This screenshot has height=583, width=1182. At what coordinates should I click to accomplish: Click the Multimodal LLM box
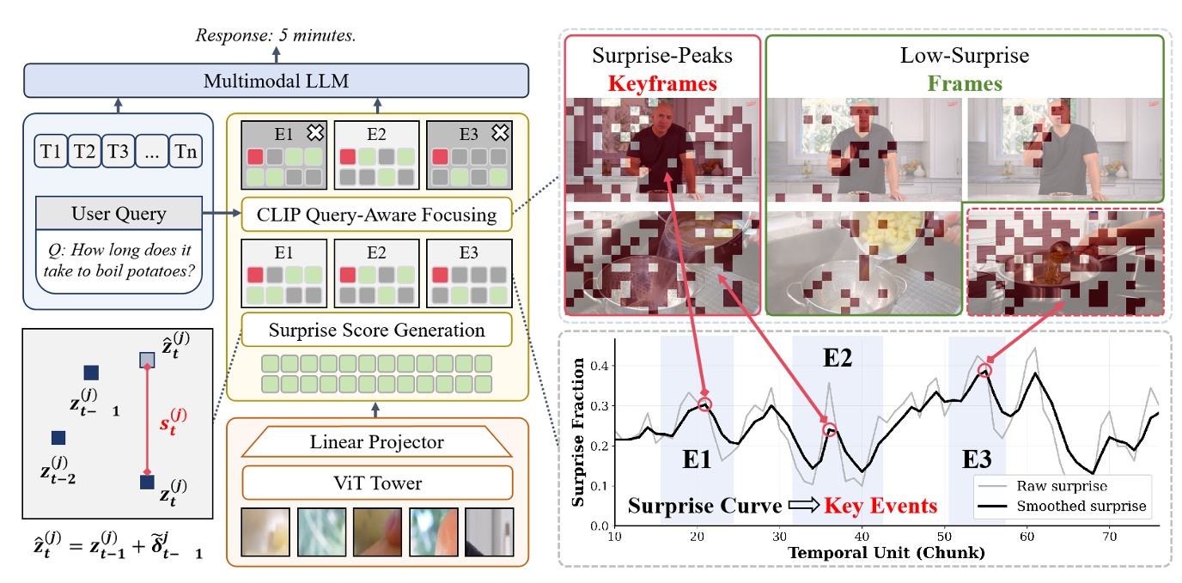[x=275, y=82]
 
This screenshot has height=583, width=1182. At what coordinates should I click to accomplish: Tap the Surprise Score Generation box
[x=376, y=330]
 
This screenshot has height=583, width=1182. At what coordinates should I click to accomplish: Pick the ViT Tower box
[x=377, y=483]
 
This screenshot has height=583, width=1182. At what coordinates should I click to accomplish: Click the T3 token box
[x=118, y=153]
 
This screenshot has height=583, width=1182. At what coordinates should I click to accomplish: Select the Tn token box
[x=186, y=153]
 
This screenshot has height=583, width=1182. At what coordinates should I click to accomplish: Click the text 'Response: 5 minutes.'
[x=275, y=36]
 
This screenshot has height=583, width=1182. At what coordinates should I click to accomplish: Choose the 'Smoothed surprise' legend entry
[x=1080, y=506]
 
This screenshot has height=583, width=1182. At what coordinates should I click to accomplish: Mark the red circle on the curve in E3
[x=984, y=370]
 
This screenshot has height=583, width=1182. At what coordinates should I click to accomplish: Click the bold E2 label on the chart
[x=837, y=359]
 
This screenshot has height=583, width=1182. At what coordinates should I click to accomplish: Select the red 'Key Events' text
[x=880, y=505]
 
